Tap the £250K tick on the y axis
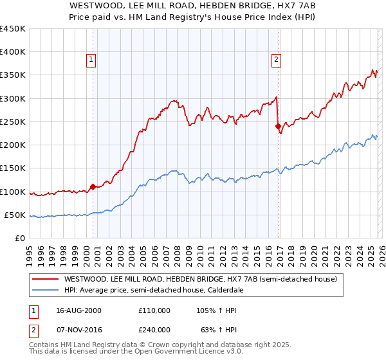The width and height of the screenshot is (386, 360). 13,122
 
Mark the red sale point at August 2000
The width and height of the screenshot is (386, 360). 93,186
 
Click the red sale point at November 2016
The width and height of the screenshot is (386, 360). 278,127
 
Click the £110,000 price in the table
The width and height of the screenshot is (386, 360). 154,310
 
